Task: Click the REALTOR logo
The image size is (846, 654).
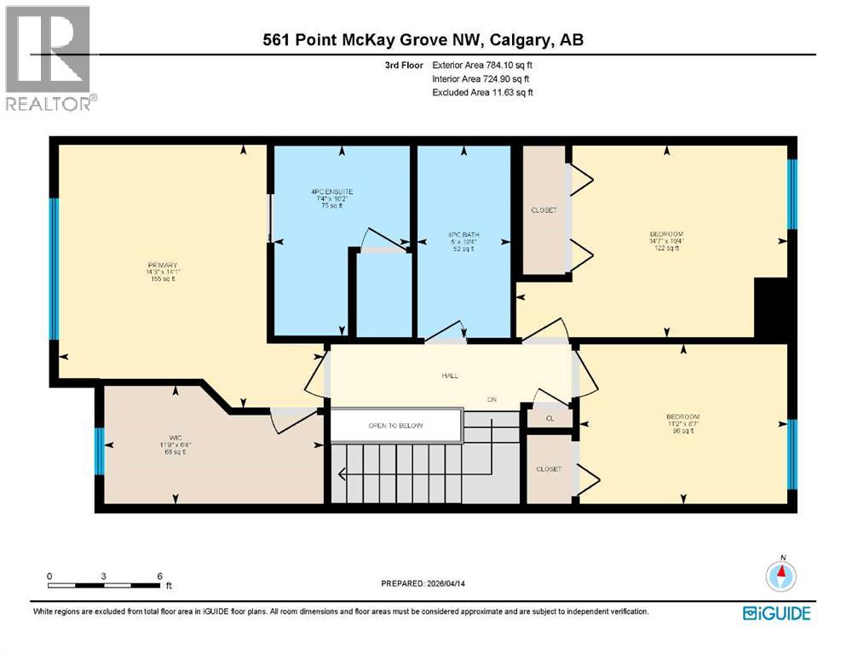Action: [49, 57]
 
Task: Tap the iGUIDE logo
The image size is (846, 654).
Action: [776, 613]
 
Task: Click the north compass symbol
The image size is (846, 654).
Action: [781, 577]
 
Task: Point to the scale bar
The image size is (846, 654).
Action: [105, 584]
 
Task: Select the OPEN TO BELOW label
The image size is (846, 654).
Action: [395, 426]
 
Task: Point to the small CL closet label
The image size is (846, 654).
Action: [550, 418]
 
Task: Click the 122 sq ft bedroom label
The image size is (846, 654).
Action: [666, 241]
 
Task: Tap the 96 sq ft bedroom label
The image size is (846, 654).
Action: [682, 423]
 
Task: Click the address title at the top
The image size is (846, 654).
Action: [423, 39]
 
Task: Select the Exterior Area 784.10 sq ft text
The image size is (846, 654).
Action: [483, 65]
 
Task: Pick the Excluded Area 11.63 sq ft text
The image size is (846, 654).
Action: [482, 92]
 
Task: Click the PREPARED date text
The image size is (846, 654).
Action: [426, 583]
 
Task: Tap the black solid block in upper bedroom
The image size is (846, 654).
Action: [772, 311]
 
